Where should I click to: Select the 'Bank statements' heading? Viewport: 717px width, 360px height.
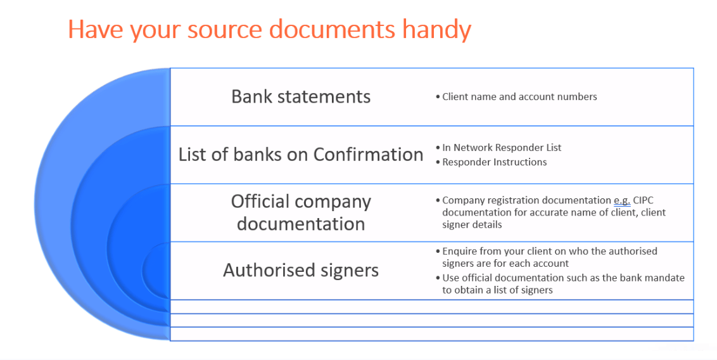pyautogui.click(x=301, y=96)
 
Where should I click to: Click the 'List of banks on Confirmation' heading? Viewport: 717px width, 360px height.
pyautogui.click(x=301, y=154)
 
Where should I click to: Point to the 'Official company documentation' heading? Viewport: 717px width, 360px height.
pyautogui.click(x=301, y=212)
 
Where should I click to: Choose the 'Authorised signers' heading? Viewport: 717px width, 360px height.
pyautogui.click(x=301, y=270)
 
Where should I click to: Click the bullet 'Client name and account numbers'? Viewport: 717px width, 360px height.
pyautogui.click(x=519, y=97)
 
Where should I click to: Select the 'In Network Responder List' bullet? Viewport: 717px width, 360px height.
pyautogui.click(x=502, y=148)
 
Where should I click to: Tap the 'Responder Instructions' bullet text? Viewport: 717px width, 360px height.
pyautogui.click(x=494, y=162)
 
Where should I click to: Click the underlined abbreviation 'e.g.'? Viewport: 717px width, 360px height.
pyautogui.click(x=622, y=200)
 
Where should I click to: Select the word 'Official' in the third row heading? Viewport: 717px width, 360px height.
pyautogui.click(x=260, y=202)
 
